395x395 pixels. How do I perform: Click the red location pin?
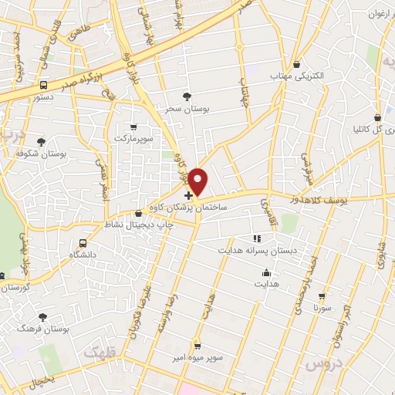pos(199,181)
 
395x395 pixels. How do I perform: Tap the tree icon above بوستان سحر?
pos(187,96)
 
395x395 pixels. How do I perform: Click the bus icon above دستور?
pos(43,85)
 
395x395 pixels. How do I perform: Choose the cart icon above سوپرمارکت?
pos(134,127)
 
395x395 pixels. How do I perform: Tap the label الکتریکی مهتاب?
pos(297,76)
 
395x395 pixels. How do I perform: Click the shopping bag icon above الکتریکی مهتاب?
pos(297,63)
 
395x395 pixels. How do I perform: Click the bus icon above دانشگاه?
pos(83,244)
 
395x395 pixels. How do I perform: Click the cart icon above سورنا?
pos(322,295)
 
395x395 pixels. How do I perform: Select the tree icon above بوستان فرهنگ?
pos(42,317)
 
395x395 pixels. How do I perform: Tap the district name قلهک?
pos(102,353)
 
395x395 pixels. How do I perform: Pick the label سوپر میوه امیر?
pos(198,358)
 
